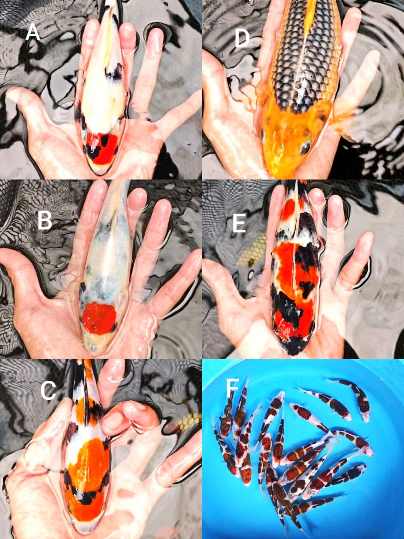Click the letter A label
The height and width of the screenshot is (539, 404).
pyautogui.click(x=32, y=33)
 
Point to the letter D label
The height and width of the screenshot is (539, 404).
pyautogui.click(x=242, y=39)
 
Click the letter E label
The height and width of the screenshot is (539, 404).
pyautogui.click(x=239, y=224)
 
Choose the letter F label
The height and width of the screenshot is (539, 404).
pyautogui.click(x=230, y=390)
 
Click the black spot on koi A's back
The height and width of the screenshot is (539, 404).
pyautogui.click(x=114, y=73)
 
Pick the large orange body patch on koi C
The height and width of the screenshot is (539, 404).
pyautogui.click(x=88, y=463)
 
